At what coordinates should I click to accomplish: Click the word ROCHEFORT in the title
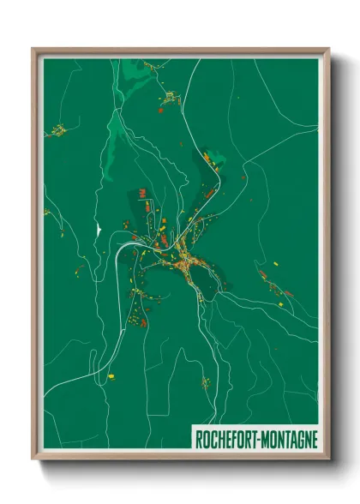225,439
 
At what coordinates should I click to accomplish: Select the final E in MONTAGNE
315,439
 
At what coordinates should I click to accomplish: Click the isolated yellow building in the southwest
110,374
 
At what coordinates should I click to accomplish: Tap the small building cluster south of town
205,382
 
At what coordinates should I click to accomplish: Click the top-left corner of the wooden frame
33,50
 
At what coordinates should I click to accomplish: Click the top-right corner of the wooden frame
328,50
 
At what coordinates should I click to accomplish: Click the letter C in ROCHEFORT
214,439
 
